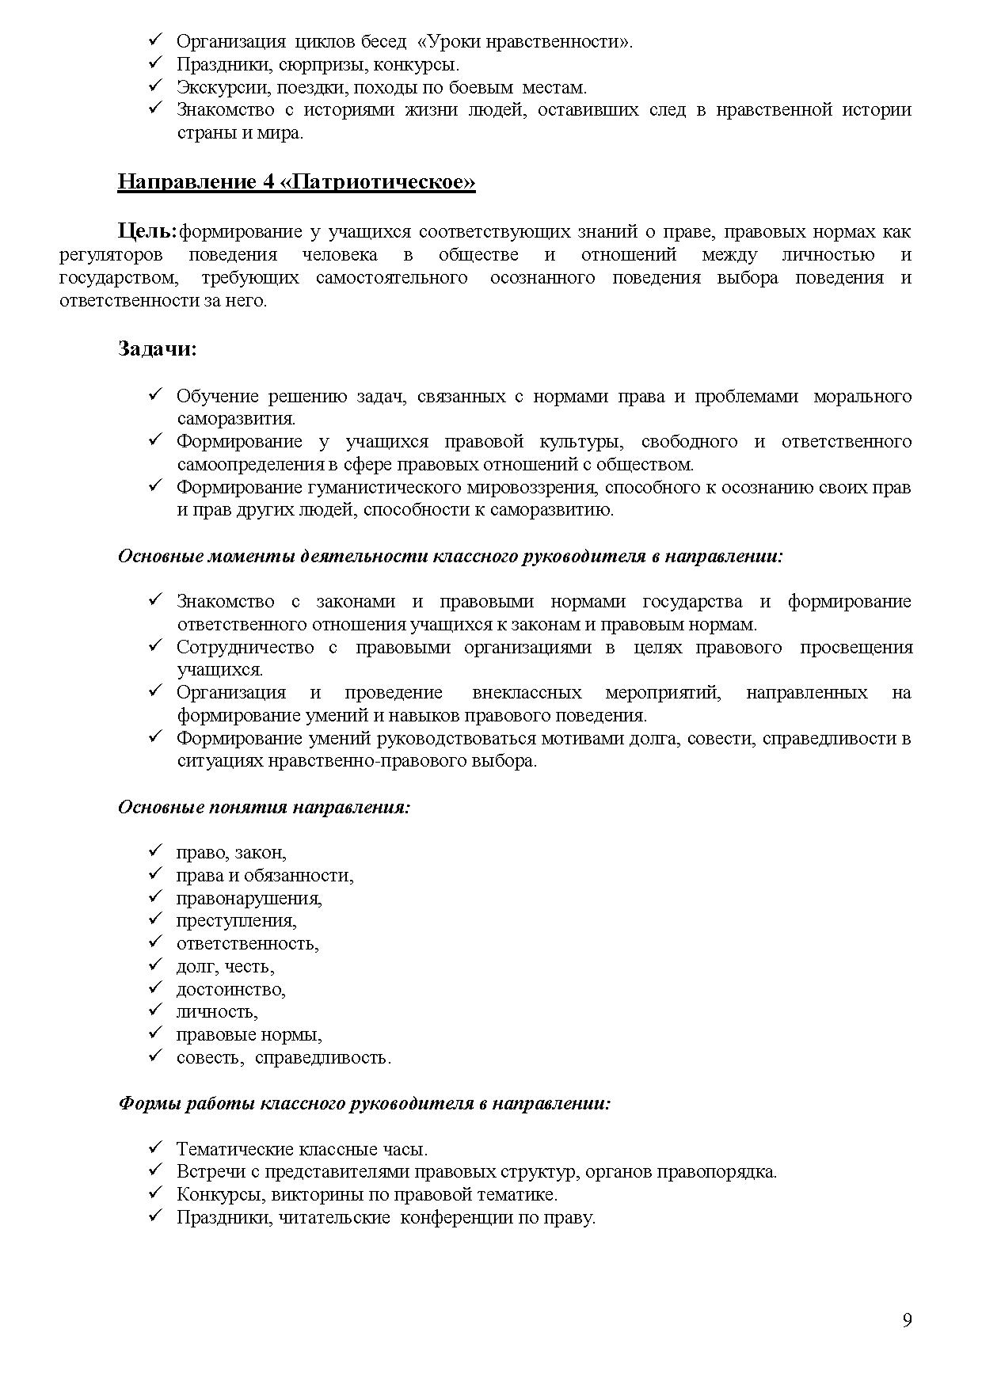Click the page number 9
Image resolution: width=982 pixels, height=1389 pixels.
[x=907, y=1321]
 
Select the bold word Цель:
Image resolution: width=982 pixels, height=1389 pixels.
[x=147, y=231]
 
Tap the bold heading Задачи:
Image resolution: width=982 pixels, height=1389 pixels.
[x=157, y=348]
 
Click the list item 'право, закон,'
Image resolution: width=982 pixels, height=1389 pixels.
[x=231, y=853]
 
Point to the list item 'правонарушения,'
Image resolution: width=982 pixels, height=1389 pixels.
[x=249, y=898]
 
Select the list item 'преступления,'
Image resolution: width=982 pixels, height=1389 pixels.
[x=236, y=921]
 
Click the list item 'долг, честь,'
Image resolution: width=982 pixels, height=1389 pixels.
[x=225, y=967]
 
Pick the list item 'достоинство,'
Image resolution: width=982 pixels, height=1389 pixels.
[x=230, y=989]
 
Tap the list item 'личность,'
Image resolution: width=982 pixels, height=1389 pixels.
[x=217, y=1012]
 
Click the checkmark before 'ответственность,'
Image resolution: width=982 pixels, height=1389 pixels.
[x=155, y=942]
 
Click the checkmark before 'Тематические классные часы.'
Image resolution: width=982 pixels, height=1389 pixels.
[x=155, y=1147]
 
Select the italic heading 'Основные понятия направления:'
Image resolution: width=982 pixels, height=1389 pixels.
[x=264, y=807]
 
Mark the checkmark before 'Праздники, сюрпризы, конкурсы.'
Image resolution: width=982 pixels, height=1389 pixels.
[x=155, y=63]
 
